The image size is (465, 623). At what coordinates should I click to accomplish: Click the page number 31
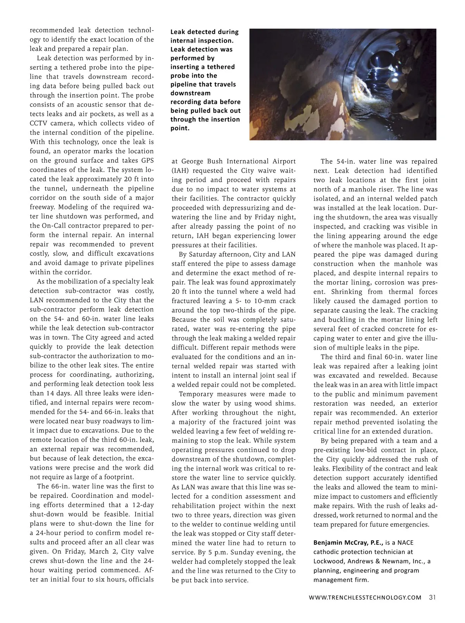(x=432, y=597)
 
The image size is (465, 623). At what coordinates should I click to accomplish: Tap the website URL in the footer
(x=365, y=598)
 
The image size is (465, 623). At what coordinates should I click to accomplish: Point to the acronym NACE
(x=406, y=542)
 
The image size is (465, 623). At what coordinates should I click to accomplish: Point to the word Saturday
(x=204, y=254)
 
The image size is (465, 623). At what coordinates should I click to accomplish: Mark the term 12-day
(x=142, y=505)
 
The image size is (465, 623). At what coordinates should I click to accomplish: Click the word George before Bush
(x=193, y=161)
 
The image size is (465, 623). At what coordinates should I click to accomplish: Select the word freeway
(x=42, y=207)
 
